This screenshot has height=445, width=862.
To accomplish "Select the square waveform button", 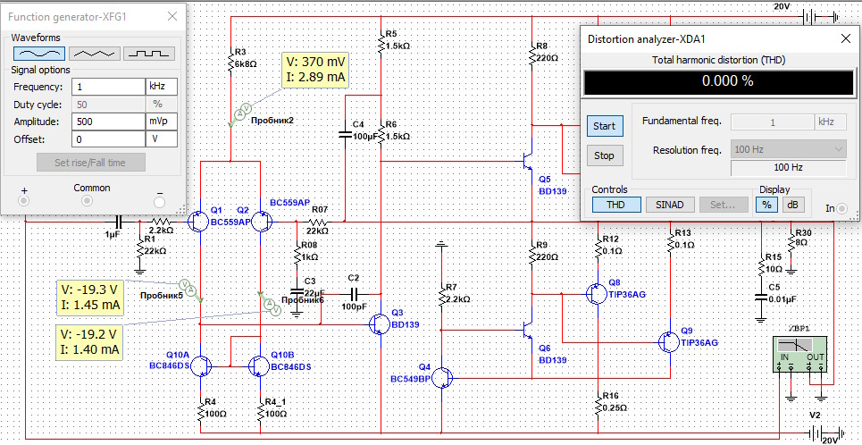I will (149, 54).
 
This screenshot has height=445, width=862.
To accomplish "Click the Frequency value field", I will (108, 87).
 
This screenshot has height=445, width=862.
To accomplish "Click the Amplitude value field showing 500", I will (108, 121).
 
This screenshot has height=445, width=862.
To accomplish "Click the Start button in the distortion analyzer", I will (605, 126).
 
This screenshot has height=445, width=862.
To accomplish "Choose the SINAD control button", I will (670, 205).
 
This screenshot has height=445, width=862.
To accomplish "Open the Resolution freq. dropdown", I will (788, 149).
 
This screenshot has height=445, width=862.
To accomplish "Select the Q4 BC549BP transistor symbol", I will (444, 377).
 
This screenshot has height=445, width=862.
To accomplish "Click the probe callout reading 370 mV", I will (315, 71).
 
